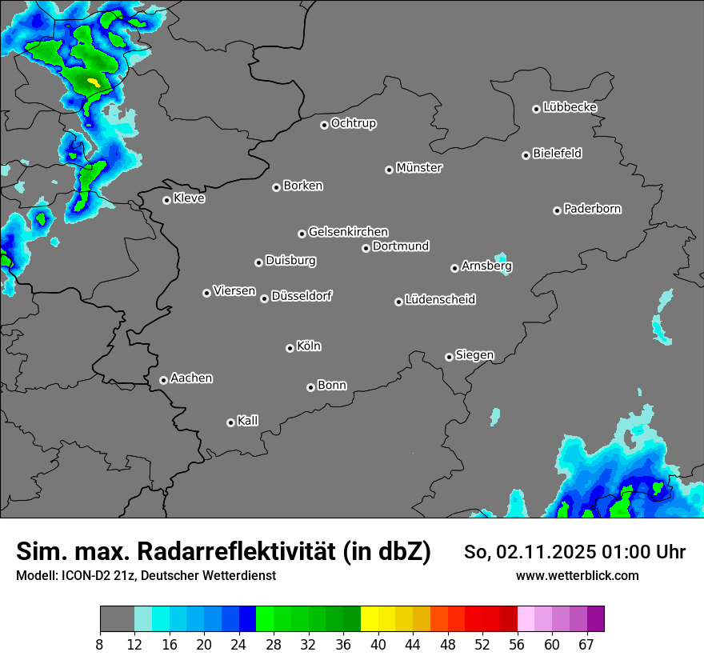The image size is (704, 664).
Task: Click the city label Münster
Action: point(419,168)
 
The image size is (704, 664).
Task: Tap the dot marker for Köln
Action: point(290,348)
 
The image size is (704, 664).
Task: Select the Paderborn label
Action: point(593,209)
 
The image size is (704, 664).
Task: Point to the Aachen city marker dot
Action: point(163,380)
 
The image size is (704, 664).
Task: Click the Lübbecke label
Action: point(570,107)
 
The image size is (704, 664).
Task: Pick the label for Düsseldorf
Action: point(302,296)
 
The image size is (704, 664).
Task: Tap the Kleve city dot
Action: point(166,200)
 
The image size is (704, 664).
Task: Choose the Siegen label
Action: point(474,355)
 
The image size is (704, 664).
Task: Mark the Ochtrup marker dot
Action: point(324,125)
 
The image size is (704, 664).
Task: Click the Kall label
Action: point(248,421)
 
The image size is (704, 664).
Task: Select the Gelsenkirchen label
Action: point(348,232)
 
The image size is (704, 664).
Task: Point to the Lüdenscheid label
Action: point(440,300)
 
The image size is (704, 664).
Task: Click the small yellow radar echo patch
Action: point(94,82)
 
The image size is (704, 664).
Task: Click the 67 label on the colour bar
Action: point(586,645)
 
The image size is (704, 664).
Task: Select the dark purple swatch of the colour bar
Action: point(595,619)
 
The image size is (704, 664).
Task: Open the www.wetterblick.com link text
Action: point(577,575)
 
